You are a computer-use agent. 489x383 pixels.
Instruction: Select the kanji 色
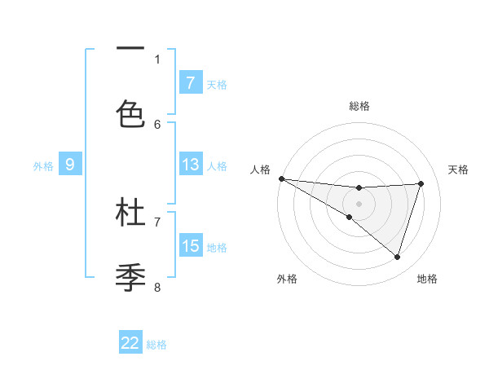(x=130, y=113)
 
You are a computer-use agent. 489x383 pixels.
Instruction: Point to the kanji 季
(x=130, y=277)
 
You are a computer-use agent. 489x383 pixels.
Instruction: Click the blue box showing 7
(x=190, y=82)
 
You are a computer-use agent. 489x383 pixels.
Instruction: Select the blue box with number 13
(x=190, y=165)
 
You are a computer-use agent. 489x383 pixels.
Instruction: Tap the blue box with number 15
(x=190, y=246)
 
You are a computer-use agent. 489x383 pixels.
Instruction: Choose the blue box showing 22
(x=130, y=343)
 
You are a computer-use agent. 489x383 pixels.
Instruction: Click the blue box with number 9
(x=70, y=165)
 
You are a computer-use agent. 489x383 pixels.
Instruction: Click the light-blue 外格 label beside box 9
(x=43, y=165)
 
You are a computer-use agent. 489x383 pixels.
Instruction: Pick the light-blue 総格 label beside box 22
(x=157, y=345)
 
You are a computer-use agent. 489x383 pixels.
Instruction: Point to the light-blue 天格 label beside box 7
(x=217, y=84)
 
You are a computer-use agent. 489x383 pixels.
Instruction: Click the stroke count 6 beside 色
(x=157, y=124)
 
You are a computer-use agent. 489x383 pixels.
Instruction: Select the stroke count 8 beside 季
(x=157, y=287)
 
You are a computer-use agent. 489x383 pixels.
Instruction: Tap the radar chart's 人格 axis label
(x=260, y=169)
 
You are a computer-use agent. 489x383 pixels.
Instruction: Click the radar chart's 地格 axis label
(x=427, y=279)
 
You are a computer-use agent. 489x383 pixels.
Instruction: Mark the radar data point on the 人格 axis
(x=281, y=178)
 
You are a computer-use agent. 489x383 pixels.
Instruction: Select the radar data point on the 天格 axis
(x=421, y=183)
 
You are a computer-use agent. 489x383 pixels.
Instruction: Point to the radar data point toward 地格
(x=398, y=257)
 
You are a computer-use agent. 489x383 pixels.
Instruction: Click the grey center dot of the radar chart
(x=359, y=204)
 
